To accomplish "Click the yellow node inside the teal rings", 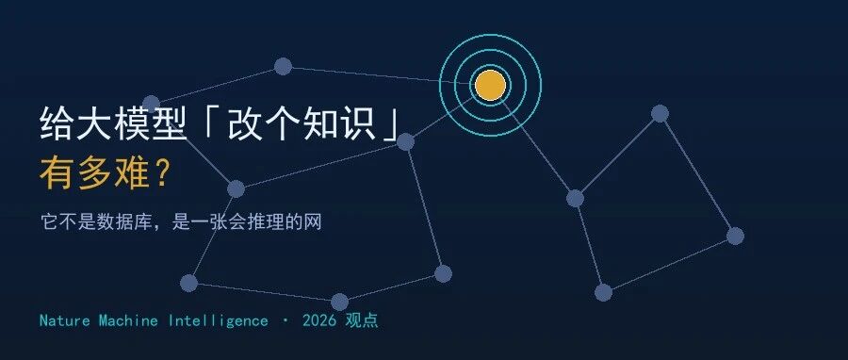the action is tap(491, 86).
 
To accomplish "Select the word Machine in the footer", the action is tap(128, 320).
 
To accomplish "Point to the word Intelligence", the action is tap(218, 321).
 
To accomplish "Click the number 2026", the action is tap(319, 320).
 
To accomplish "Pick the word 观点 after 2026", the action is tap(363, 320).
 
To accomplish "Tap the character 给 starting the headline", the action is tap(57, 124).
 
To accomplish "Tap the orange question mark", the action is tap(162, 173).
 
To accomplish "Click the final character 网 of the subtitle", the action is tap(313, 221).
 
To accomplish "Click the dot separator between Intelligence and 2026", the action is tap(285, 320).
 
